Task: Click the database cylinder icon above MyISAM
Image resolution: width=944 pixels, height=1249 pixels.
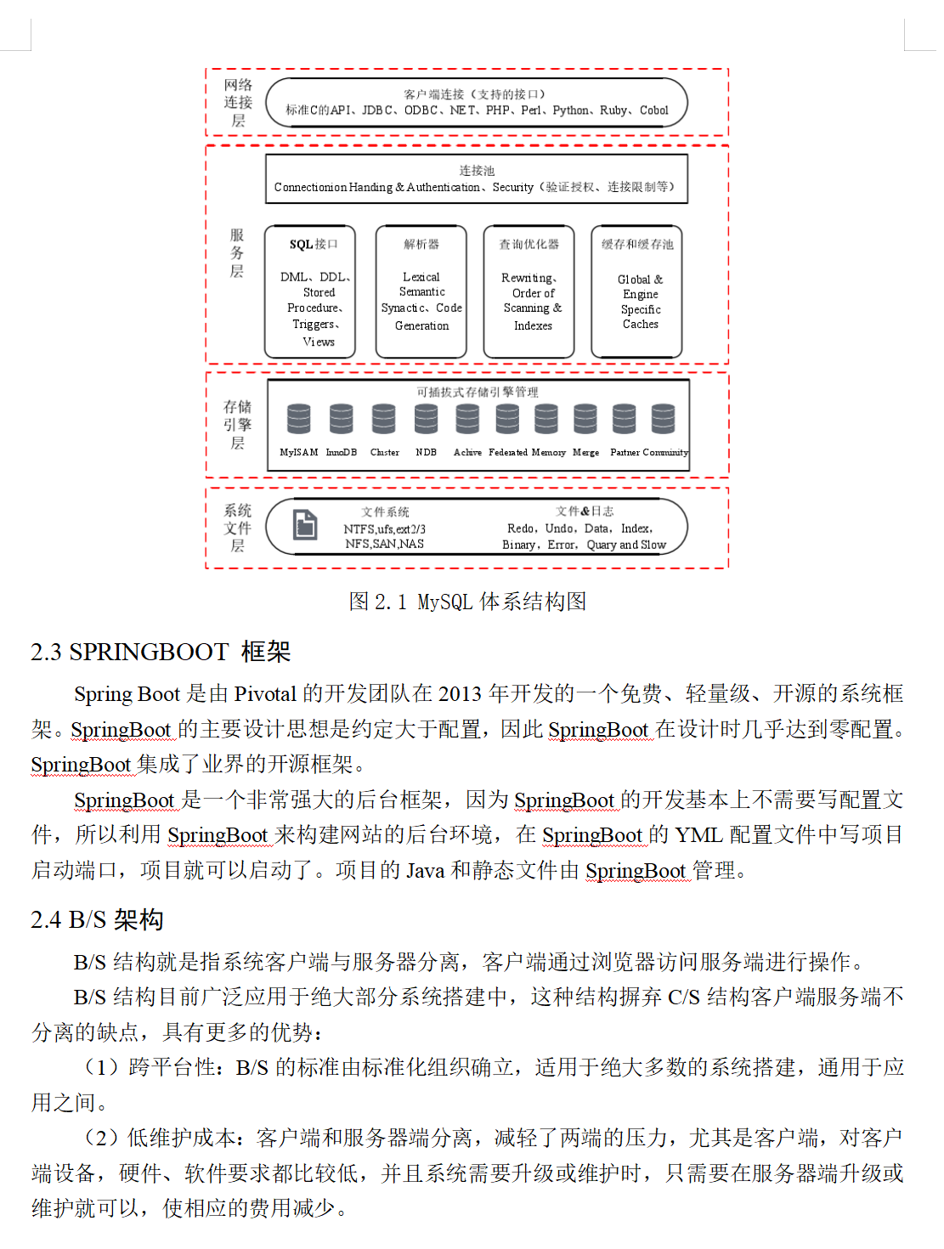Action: [x=298, y=419]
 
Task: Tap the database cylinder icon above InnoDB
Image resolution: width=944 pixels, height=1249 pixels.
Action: [x=341, y=419]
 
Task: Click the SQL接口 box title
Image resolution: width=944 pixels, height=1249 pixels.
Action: [x=314, y=245]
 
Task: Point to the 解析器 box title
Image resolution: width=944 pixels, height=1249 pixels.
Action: [x=421, y=245]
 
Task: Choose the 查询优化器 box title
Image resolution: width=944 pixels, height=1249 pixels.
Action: [x=529, y=245]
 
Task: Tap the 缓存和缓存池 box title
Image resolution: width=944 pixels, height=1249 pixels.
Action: [x=637, y=245]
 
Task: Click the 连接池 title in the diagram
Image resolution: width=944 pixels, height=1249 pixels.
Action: [x=477, y=171]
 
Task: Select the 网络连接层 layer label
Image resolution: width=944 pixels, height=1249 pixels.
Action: [x=238, y=103]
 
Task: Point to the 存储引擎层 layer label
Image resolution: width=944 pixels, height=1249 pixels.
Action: [x=238, y=425]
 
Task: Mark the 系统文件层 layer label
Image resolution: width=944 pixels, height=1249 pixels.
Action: [x=238, y=528]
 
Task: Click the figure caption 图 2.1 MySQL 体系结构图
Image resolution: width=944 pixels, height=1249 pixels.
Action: [x=467, y=602]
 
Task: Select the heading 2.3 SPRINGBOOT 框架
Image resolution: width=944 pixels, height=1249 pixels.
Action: [x=161, y=652]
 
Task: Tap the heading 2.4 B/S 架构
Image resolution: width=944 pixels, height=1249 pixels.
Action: [x=97, y=919]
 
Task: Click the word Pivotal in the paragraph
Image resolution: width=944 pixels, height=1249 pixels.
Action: [x=265, y=694]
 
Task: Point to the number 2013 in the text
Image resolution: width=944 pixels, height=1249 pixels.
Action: [x=460, y=694]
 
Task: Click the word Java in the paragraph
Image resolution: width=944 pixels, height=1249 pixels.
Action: [x=425, y=871]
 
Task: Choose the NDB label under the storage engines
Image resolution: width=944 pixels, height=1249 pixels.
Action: [x=426, y=453]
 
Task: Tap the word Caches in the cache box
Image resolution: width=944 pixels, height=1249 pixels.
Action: [x=641, y=325]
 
